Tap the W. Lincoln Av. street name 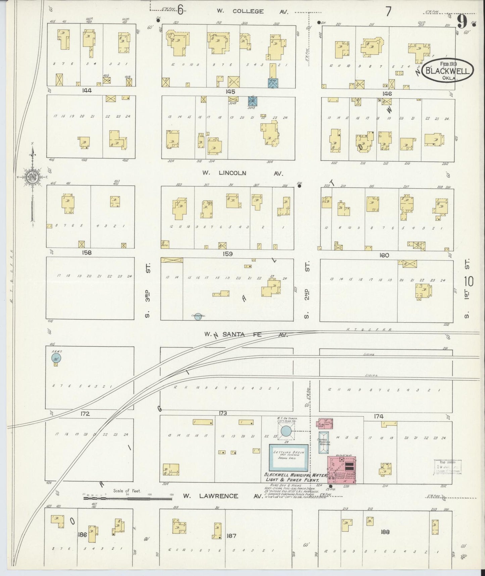[x=242, y=173]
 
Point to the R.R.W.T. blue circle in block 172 [x=56, y=358]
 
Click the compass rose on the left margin [x=33, y=177]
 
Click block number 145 [x=230, y=91]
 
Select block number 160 [x=384, y=255]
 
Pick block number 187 [x=231, y=536]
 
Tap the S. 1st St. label [x=467, y=290]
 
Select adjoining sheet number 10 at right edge [x=469, y=281]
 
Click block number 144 [x=87, y=90]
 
